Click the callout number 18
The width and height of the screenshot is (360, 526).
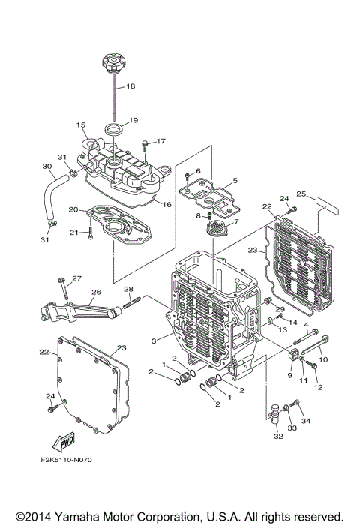[130, 86]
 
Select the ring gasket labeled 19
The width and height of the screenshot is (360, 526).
[113, 131]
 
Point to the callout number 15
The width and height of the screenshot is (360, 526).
[81, 125]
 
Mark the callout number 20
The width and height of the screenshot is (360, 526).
[73, 209]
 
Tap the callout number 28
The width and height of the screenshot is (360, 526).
[127, 290]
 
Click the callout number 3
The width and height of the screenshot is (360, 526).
[154, 341]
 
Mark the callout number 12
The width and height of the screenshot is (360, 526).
[317, 387]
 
